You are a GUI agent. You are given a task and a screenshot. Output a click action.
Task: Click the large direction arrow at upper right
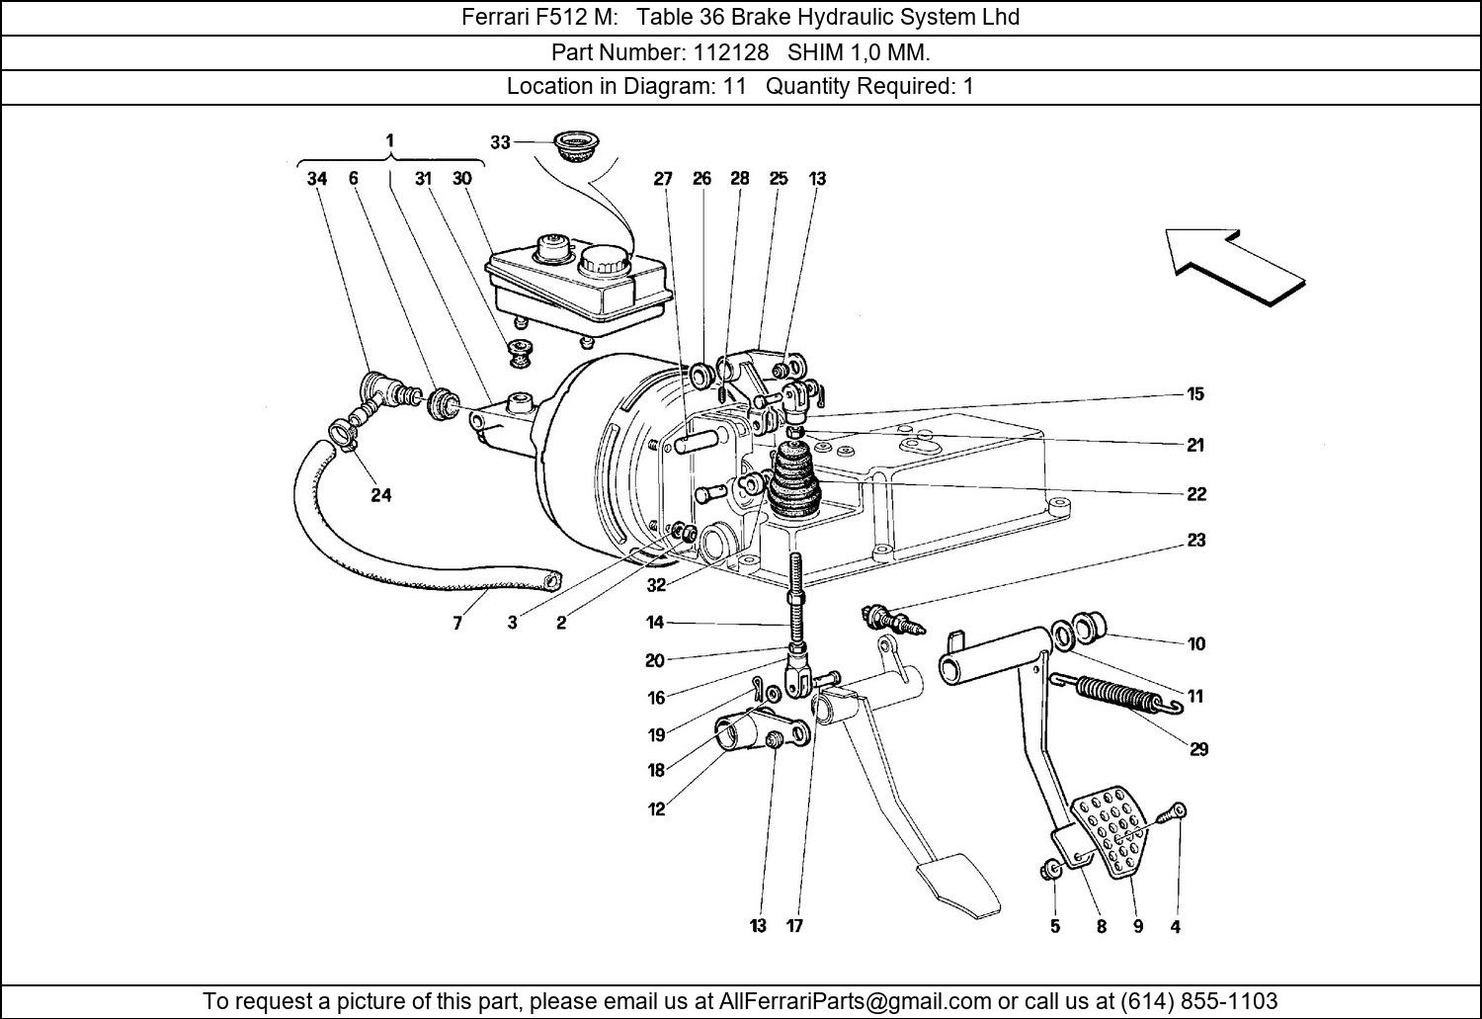click(1235, 267)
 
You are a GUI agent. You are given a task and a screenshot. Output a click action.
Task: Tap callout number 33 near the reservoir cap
click(500, 142)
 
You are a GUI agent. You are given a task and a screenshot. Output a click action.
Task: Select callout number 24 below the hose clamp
click(381, 495)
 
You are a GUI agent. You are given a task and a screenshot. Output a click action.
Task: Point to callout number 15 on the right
click(1194, 393)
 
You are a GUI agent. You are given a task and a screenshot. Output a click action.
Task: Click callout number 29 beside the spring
click(1198, 749)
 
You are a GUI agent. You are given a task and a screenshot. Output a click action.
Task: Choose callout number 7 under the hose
click(457, 624)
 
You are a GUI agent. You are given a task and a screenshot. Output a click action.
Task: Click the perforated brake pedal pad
click(1111, 832)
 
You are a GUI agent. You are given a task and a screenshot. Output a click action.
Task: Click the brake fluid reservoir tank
click(579, 289)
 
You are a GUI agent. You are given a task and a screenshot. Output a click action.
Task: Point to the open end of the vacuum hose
click(550, 581)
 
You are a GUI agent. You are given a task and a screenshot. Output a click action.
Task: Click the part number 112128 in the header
click(730, 52)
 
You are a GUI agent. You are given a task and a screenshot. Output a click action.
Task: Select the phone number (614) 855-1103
click(1198, 1000)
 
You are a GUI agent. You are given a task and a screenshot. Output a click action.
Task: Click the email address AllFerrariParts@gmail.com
click(855, 1000)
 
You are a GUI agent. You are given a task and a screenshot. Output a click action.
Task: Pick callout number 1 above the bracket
click(389, 140)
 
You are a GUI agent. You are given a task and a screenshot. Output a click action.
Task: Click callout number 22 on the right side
click(1196, 493)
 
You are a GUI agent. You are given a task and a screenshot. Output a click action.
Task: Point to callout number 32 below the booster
click(656, 585)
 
